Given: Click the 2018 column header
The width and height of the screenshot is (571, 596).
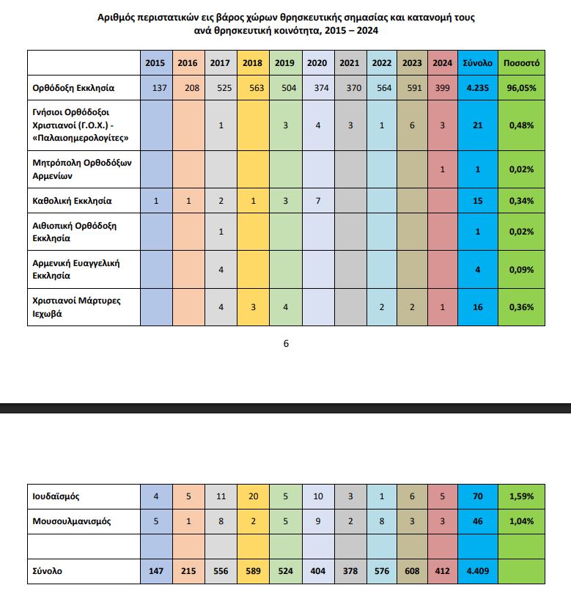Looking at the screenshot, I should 252,63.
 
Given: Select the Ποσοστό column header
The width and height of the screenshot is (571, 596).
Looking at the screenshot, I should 521,63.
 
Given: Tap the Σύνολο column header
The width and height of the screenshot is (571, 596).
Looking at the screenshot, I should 477,63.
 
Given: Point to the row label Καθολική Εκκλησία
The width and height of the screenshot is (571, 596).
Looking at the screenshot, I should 72,199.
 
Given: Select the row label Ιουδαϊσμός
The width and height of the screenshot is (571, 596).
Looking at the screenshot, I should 56,496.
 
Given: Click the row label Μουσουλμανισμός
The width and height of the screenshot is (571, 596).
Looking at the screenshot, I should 71,521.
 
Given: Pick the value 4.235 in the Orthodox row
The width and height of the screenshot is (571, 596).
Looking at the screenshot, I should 477,88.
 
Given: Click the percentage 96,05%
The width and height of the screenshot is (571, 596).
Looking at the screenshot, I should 521,88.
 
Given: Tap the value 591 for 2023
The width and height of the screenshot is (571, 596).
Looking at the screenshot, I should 412,88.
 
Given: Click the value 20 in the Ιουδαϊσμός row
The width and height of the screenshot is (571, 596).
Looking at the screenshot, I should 253,496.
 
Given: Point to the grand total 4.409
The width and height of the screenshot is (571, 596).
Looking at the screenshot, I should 477,571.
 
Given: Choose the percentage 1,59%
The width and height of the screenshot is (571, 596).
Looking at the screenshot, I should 521,496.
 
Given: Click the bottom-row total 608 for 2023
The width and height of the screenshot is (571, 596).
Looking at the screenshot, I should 412,571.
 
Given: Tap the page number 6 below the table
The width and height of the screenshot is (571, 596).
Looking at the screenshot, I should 286,343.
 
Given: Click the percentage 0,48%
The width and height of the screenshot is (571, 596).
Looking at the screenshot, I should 521,125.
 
